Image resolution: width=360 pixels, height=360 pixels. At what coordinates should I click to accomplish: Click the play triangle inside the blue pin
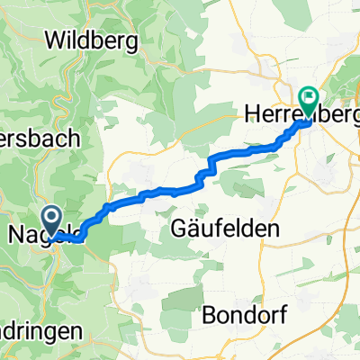[49, 216]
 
